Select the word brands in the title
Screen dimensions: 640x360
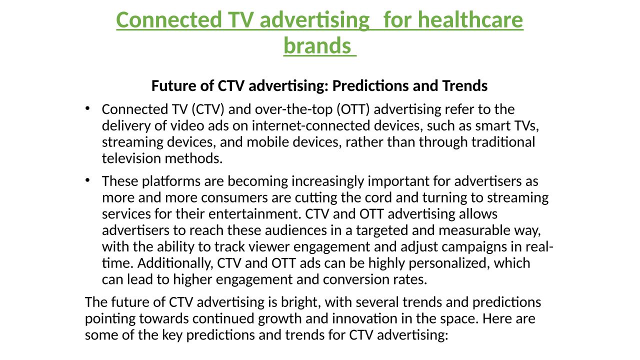click(317, 45)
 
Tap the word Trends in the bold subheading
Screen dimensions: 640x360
click(465, 85)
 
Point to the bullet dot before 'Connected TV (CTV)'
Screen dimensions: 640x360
click(87, 108)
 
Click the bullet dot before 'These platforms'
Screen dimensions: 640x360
click(87, 180)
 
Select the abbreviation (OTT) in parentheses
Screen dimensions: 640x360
click(353, 109)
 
